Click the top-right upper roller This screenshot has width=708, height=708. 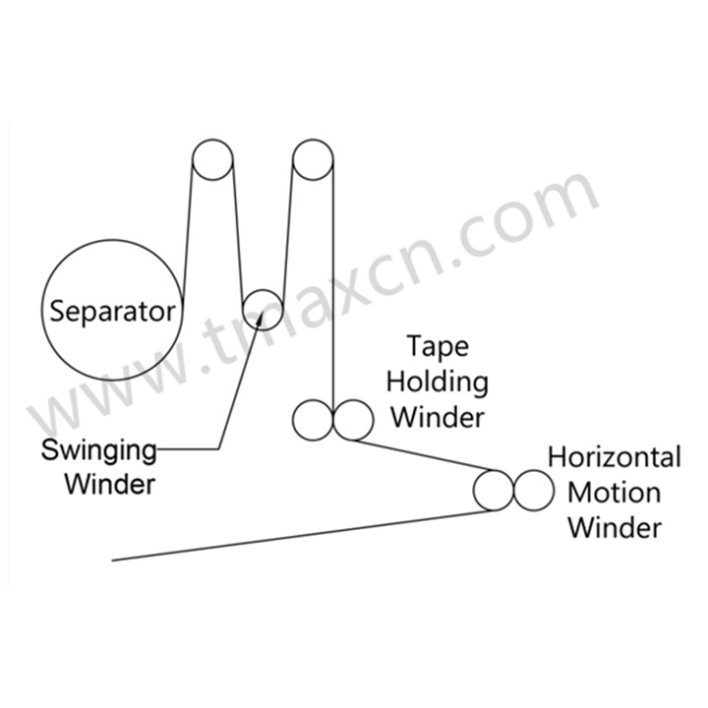[314, 160]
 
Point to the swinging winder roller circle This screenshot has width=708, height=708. [263, 308]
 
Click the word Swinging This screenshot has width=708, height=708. [98, 452]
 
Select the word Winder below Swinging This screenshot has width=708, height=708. [111, 485]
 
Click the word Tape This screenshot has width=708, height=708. [439, 347]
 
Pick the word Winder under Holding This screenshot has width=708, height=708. [439, 417]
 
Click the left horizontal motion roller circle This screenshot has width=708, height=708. [493, 490]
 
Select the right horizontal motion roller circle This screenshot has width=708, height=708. [532, 490]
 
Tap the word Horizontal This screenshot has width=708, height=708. [614, 457]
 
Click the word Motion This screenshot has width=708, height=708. [614, 492]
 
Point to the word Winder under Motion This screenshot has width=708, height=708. [614, 527]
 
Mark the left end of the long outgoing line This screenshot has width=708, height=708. [114, 560]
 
